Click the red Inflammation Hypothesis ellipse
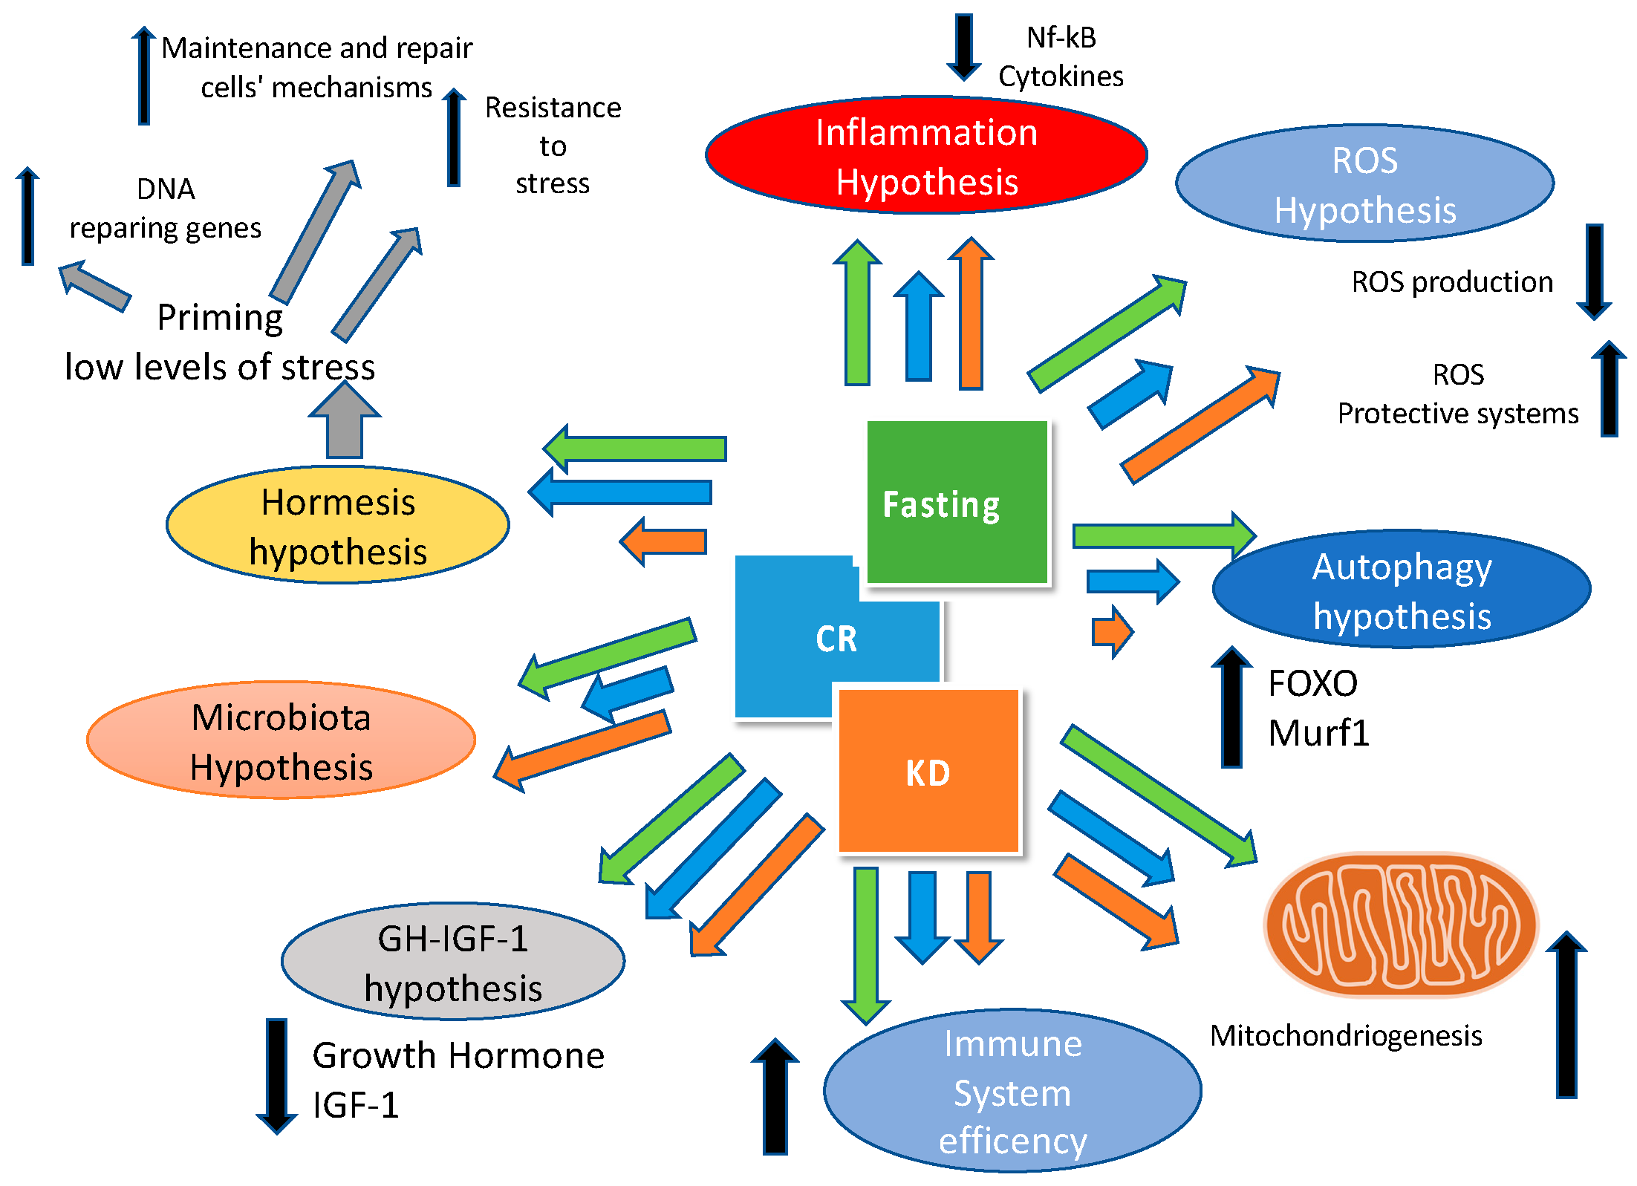point(925,156)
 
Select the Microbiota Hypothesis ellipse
point(281,740)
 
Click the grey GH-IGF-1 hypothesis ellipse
point(452,962)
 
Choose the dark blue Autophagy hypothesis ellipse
point(1401,590)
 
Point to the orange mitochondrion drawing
point(1400,925)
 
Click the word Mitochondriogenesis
point(1345,1035)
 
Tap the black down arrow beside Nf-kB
point(963,46)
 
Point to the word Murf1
point(1318,733)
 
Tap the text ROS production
point(1451,282)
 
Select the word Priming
point(220,317)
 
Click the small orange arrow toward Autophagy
point(1111,631)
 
